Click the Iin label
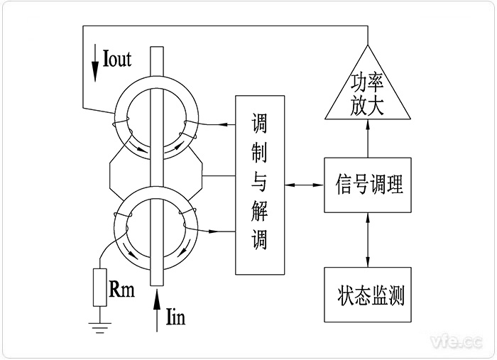(x=173, y=317)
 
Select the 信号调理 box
(x=367, y=185)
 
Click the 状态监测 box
(x=367, y=294)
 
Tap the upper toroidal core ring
(x=156, y=120)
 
